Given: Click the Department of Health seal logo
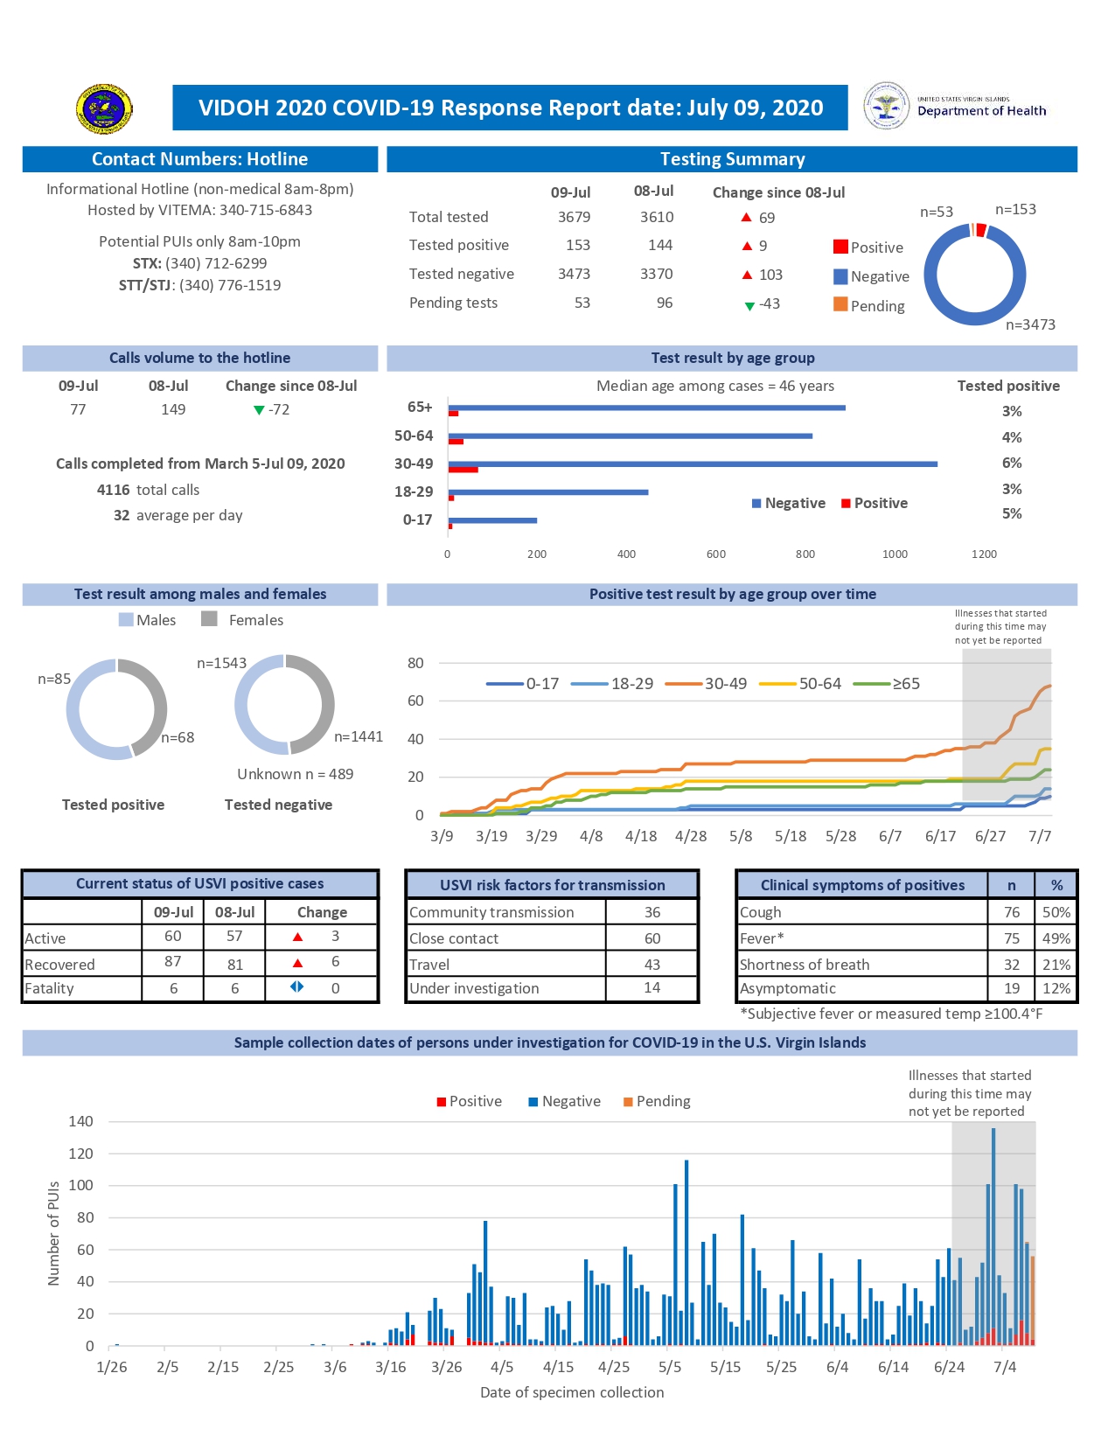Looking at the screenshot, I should tap(886, 107).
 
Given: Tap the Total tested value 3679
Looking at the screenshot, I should tap(574, 217).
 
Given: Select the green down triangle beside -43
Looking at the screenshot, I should tap(749, 305).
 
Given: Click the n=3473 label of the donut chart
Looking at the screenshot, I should tap(1030, 324).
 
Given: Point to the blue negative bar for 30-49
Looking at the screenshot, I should tap(692, 464).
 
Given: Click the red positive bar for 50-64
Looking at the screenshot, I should tap(456, 442).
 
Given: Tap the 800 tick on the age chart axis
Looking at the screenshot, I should tap(805, 554).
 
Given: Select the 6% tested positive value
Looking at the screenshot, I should tap(1011, 463).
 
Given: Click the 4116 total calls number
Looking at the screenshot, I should tap(113, 490).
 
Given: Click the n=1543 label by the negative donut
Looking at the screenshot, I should tap(221, 663).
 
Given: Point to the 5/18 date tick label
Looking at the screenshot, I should tap(790, 836).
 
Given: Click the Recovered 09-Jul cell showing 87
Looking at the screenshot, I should tap(172, 961).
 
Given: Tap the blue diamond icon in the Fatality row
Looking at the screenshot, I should tap(297, 986).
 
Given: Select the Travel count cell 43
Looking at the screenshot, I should tap(652, 964).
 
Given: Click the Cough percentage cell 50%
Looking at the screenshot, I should tap(1056, 912).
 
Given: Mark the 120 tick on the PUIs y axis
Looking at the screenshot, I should tap(80, 1154).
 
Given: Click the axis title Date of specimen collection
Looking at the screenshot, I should tap(571, 1392).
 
